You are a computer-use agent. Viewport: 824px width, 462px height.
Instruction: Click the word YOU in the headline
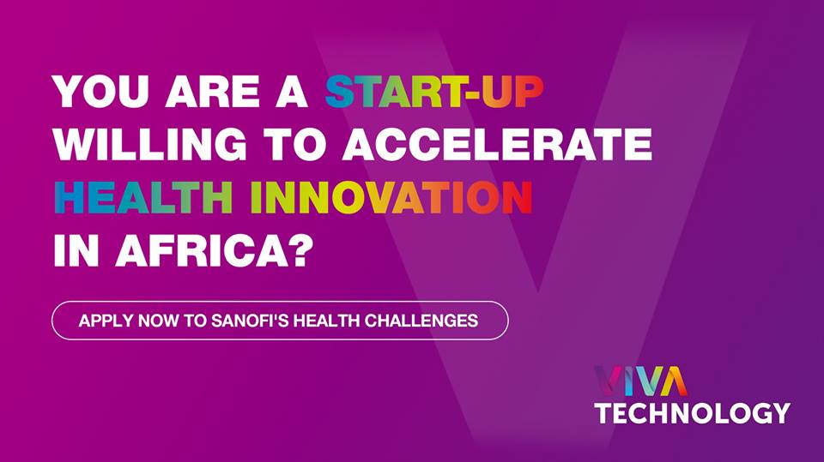point(101,92)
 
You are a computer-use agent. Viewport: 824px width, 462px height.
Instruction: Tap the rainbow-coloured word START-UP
point(434,92)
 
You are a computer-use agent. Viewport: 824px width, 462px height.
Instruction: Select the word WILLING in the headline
point(149,143)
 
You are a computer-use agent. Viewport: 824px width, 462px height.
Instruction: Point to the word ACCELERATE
point(497,143)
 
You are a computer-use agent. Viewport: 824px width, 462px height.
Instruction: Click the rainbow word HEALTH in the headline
point(143,196)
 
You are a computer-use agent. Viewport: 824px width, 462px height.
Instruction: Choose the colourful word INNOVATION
point(392,196)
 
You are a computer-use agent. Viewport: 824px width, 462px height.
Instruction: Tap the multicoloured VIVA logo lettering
point(640,381)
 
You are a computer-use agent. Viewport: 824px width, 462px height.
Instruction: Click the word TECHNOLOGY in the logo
point(693,413)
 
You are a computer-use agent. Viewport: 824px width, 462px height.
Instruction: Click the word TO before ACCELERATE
point(294,143)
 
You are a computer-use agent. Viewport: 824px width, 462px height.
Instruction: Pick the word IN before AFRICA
point(76,250)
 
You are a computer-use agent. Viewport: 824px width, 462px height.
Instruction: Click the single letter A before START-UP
point(292,92)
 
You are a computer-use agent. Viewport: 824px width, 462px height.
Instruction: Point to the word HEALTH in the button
point(326,321)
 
